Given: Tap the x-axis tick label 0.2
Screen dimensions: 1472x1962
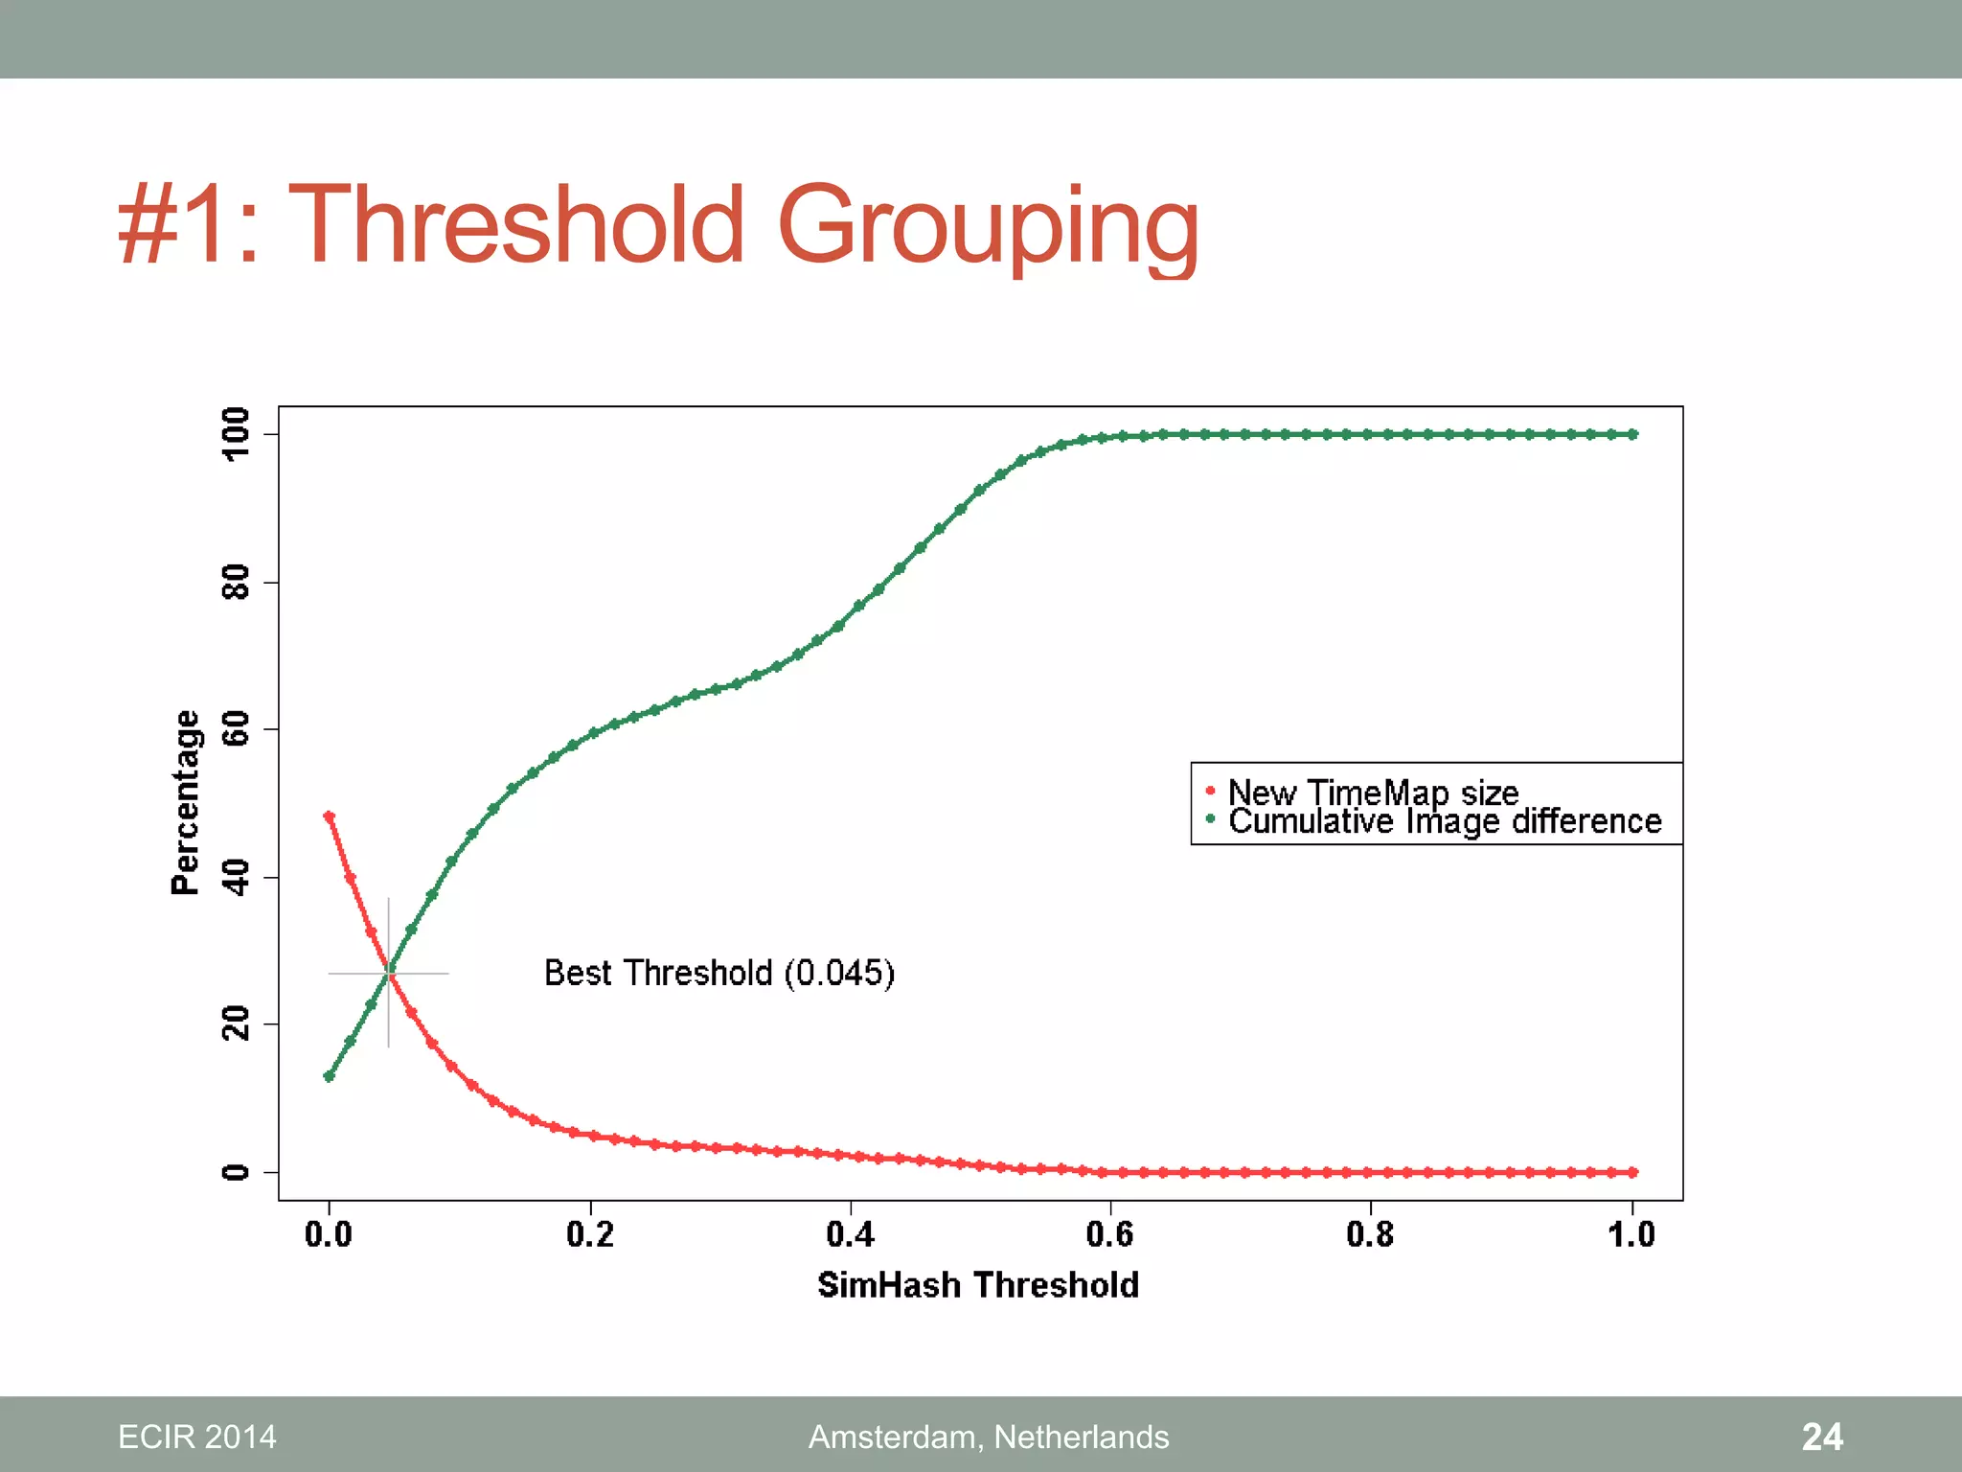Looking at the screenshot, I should coord(589,1234).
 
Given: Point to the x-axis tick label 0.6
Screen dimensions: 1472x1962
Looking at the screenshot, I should coord(1109,1234).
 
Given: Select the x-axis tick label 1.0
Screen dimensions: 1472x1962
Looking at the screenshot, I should coord(1631,1234).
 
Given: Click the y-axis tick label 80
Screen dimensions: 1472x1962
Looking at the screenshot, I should coord(236,582).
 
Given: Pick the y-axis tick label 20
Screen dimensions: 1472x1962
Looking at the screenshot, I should coord(236,1023).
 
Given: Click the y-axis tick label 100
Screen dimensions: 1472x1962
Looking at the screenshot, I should coord(236,434).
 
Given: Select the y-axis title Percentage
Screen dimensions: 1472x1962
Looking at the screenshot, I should coord(185,803).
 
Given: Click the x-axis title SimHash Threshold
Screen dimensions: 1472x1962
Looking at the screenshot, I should coord(977,1285).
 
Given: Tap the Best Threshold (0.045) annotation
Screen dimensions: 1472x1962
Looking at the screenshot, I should coord(719,973).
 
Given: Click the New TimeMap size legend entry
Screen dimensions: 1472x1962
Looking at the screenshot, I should coord(1372,793).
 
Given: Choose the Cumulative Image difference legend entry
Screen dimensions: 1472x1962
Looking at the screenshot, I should coord(1444,821).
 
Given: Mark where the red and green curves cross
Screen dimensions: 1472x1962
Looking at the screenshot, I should coord(389,973).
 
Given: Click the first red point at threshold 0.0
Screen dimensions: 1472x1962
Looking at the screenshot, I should coord(330,816).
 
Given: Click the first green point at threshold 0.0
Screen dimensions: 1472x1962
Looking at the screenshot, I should coord(330,1076).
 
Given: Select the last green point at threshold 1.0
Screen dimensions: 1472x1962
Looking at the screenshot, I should coord(1632,434).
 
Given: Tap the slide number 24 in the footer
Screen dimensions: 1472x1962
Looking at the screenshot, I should coord(1821,1437).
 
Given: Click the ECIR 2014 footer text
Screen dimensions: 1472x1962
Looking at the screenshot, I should coord(196,1437).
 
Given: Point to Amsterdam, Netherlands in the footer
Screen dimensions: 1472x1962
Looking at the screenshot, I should coord(989,1437).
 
